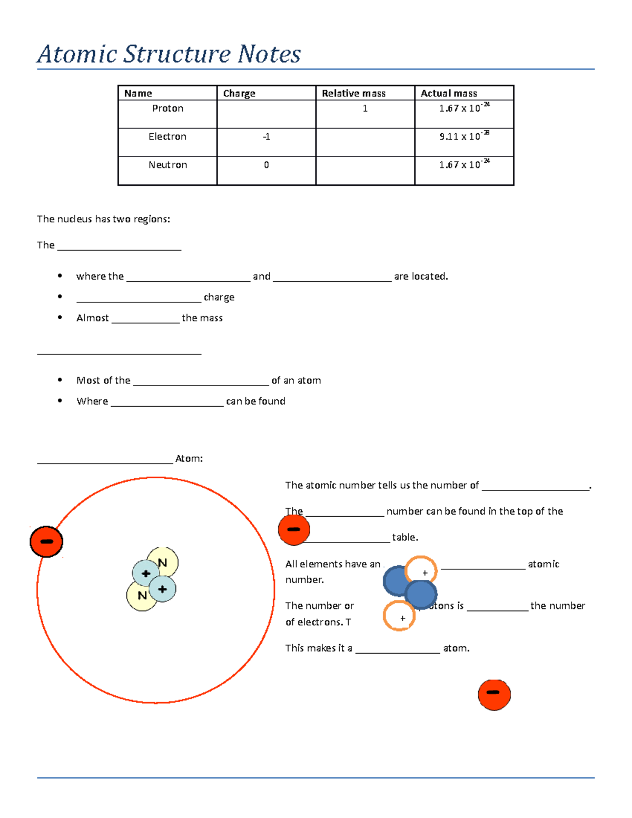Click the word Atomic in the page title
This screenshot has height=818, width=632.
coord(77,54)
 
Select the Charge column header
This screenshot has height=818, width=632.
coord(239,93)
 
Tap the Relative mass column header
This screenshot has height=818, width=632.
coord(353,93)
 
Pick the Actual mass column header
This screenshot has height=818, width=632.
coord(449,93)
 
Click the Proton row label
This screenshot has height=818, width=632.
coord(167,109)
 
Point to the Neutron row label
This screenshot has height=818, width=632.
coord(167,165)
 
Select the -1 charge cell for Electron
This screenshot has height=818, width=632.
coord(266,137)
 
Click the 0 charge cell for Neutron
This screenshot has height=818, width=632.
coord(266,165)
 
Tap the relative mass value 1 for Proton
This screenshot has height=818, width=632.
coord(365,109)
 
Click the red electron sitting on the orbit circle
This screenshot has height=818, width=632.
coord(46,541)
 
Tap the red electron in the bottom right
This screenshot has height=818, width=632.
coord(494,695)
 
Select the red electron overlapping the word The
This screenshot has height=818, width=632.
coord(294,530)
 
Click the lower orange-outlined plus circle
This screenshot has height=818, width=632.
coord(399,616)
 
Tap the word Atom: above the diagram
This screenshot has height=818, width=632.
coord(189,459)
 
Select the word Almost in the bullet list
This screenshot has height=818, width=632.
coord(93,318)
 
